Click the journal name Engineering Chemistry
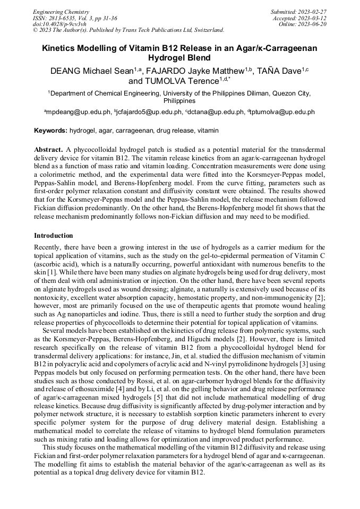tap(61, 12)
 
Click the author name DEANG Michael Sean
tap(91, 71)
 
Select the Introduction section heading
tap(54, 235)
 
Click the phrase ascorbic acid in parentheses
tap(57, 264)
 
